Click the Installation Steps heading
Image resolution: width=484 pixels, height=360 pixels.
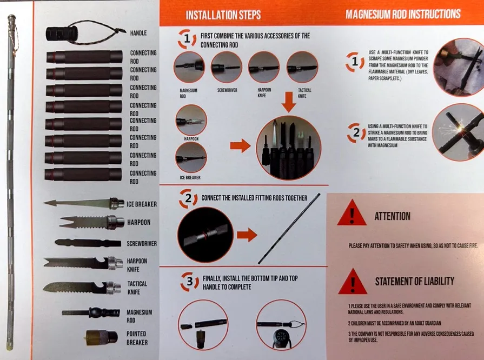coord(223,15)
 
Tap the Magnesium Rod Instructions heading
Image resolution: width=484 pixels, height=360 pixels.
coord(403,14)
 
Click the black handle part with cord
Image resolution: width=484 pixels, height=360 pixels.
coord(62,34)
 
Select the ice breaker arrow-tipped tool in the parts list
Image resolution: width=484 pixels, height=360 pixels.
coord(84,203)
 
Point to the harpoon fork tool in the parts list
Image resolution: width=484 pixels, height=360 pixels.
coord(92,222)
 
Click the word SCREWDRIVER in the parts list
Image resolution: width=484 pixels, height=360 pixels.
coord(142,243)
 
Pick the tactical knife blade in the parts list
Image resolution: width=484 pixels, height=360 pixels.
coord(82,288)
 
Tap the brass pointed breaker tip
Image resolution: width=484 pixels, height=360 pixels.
coord(102,337)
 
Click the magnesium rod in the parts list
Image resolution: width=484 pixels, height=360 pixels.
coord(91,313)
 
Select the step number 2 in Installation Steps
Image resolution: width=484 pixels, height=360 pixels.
coord(188,198)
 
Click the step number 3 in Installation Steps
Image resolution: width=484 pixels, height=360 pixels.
coord(189,281)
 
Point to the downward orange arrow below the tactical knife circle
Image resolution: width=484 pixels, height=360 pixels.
coord(289,102)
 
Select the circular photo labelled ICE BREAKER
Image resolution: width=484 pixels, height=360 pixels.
coord(191,157)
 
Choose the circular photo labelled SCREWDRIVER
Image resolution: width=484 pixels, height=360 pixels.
coord(226,67)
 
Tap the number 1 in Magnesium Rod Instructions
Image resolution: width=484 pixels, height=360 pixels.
coord(355,62)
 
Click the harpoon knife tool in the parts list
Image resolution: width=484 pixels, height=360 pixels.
coord(83,263)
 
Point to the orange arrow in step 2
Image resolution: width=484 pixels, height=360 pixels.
coord(247,235)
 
